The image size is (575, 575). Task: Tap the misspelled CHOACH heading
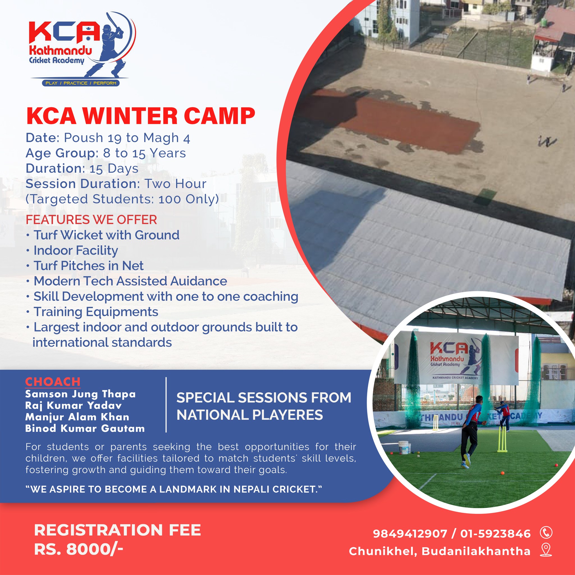pyautogui.click(x=53, y=382)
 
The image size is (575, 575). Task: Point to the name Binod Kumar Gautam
pyautogui.click(x=85, y=428)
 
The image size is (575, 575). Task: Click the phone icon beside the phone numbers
pyautogui.click(x=546, y=532)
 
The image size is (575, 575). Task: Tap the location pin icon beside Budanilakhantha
pyautogui.click(x=546, y=550)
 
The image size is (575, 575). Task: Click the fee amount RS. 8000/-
pyautogui.click(x=79, y=549)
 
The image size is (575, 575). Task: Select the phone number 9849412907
pyautogui.click(x=410, y=534)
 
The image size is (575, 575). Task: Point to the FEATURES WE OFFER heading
pyautogui.click(x=91, y=220)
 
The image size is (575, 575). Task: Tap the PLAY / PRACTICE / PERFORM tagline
pyautogui.click(x=81, y=83)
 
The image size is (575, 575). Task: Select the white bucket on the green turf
pyautogui.click(x=405, y=447)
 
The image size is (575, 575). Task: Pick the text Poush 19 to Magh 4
pyautogui.click(x=127, y=138)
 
